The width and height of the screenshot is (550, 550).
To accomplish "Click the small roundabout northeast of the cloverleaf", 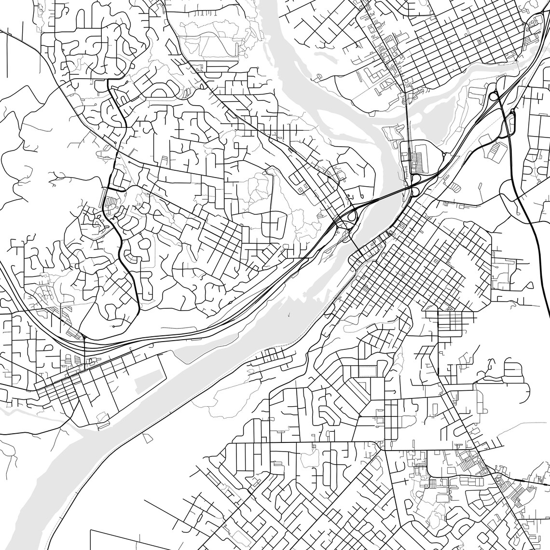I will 442,154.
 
